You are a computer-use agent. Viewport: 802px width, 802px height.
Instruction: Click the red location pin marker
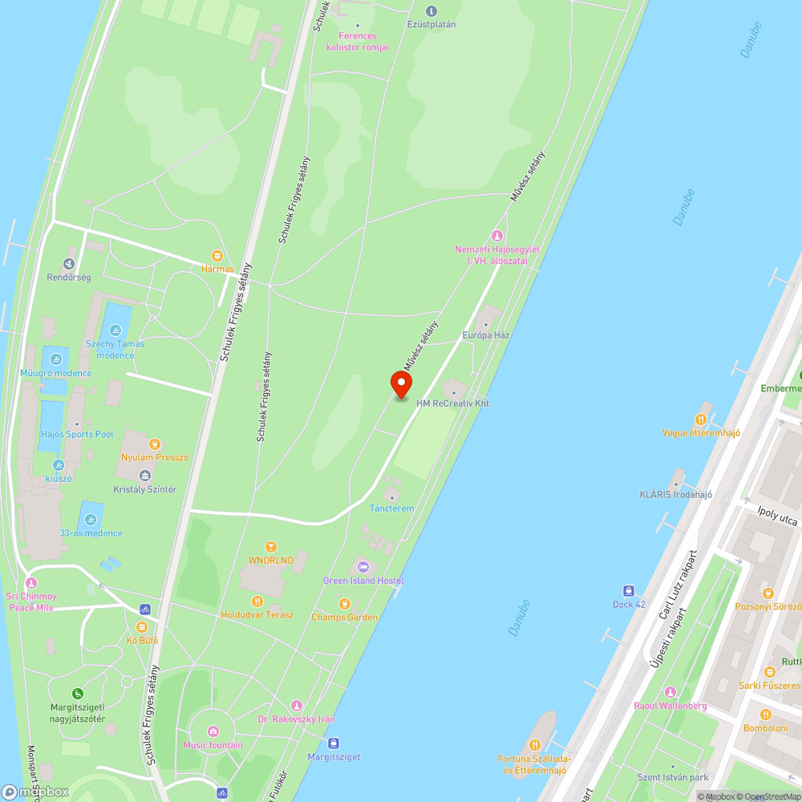click(400, 384)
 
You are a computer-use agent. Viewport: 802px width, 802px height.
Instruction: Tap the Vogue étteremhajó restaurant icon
click(701, 419)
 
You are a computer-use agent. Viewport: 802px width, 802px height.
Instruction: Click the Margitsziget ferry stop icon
click(334, 743)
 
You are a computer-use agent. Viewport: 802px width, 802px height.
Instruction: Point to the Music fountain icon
click(213, 731)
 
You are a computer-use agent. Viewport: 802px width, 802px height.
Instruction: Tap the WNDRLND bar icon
click(271, 546)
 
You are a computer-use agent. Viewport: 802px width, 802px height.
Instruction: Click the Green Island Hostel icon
click(362, 567)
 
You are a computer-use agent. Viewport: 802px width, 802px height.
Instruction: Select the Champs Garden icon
click(344, 603)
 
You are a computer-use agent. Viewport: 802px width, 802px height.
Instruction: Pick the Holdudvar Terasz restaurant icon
click(257, 601)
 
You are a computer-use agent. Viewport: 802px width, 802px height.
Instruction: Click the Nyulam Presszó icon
click(155, 444)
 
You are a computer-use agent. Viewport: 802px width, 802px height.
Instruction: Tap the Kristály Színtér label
click(145, 489)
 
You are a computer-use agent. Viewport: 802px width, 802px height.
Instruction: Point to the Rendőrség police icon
click(71, 263)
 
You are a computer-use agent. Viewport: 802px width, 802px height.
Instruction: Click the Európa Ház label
click(486, 334)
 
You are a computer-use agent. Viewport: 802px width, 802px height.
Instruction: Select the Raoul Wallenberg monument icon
click(670, 692)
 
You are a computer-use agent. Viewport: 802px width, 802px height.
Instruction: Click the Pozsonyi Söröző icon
click(768, 593)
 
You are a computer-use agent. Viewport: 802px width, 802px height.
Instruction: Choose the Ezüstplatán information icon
click(431, 10)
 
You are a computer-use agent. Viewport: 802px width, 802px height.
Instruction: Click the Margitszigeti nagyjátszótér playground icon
click(78, 693)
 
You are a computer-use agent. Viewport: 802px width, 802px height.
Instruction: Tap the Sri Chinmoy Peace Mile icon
click(31, 582)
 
